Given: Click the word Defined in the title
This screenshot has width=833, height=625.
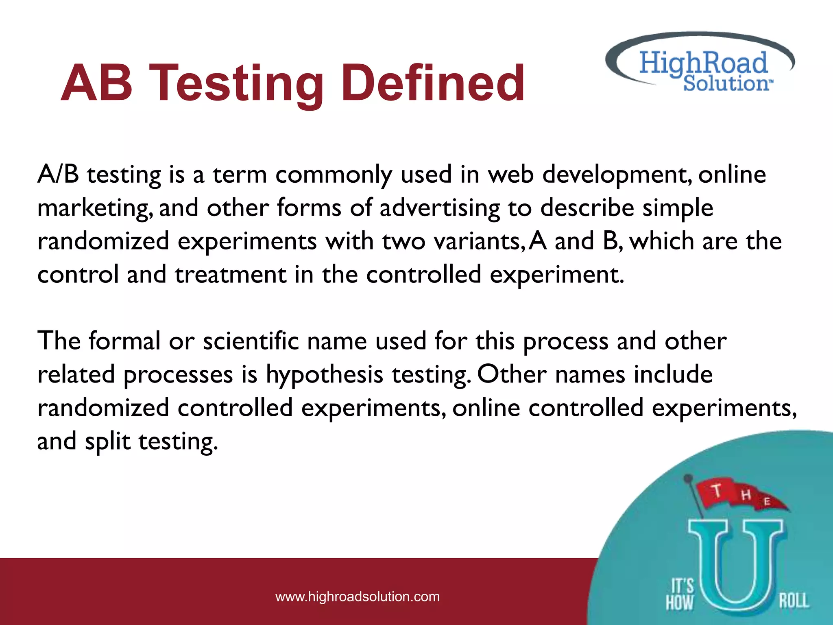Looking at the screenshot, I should pos(433,83).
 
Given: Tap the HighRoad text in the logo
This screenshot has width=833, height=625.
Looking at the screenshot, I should pos(703,63).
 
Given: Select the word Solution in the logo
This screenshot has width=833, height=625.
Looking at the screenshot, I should pos(726,83).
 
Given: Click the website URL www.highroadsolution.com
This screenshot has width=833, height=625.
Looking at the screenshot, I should pos(358,597).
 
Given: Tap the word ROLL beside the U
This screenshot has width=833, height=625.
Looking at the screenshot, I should pos(794,601).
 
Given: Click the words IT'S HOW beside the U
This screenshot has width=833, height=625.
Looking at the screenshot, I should pos(680,595).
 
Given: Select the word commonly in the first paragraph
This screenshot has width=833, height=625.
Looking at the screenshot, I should pos(334,175).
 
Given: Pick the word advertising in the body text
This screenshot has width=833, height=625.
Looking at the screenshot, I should pos(439,208).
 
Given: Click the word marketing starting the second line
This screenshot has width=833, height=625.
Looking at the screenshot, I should pos(95,208).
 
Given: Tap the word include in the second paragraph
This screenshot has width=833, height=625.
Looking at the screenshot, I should pos(673,375).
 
